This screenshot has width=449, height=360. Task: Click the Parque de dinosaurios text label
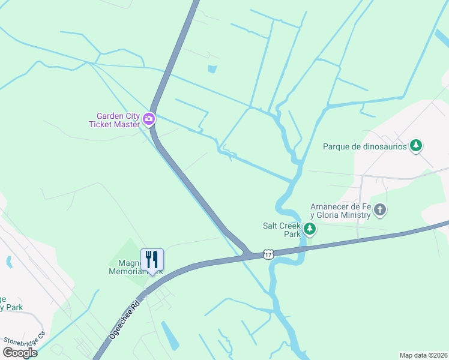pyautogui.click(x=364, y=146)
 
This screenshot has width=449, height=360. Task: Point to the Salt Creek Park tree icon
pyautogui.click(x=309, y=229)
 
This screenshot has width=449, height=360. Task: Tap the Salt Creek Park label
pyautogui.click(x=281, y=230)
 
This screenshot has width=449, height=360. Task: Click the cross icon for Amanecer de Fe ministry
pyautogui.click(x=379, y=210)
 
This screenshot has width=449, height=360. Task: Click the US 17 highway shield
pyautogui.click(x=268, y=254)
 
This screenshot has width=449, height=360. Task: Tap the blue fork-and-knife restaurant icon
pyautogui.click(x=152, y=260)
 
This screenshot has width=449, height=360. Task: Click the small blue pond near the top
pyautogui.click(x=212, y=69)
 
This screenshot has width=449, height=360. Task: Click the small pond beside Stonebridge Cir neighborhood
pyautogui.click(x=8, y=262)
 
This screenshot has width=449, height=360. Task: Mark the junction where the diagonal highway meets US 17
pyautogui.click(x=246, y=255)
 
